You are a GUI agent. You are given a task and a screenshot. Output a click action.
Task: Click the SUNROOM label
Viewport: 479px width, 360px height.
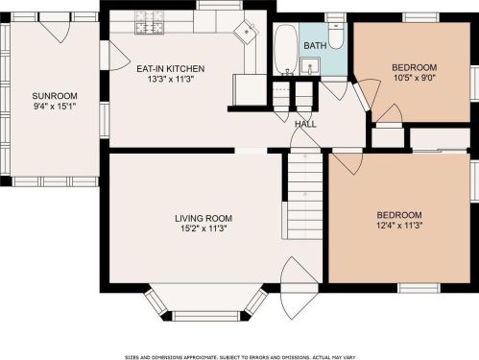pyautogui.click(x=55, y=96)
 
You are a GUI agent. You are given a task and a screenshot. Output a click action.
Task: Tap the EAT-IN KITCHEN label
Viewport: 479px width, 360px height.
pyautogui.click(x=171, y=68)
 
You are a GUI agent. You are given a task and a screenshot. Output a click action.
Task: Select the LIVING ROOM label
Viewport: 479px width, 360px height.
pyautogui.click(x=204, y=219)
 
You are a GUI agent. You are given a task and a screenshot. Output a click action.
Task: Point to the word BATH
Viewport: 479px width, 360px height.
pyautogui.click(x=315, y=45)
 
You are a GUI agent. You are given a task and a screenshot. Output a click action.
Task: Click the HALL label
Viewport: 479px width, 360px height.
pyautogui.click(x=305, y=124)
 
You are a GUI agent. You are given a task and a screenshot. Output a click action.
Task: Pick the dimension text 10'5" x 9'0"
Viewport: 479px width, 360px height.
pyautogui.click(x=415, y=78)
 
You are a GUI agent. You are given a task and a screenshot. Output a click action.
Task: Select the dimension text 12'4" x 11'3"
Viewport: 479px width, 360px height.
pyautogui.click(x=399, y=226)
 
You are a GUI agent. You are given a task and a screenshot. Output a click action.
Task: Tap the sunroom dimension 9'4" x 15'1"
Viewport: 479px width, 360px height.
pyautogui.click(x=55, y=106)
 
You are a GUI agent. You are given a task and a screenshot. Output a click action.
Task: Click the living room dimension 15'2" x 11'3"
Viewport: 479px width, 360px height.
pyautogui.click(x=204, y=228)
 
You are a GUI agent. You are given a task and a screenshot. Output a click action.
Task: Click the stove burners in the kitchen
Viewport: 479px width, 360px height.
pyautogui.click(x=150, y=22)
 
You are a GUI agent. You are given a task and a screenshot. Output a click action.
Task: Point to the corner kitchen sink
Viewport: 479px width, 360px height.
pyautogui.click(x=246, y=31)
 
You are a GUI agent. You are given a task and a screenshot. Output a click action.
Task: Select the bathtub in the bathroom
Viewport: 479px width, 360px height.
pyautogui.click(x=286, y=49)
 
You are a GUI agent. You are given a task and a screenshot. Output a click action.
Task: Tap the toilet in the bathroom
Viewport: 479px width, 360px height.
pyautogui.click(x=336, y=36)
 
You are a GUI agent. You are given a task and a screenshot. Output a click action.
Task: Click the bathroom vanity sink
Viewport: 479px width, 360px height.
pyautogui.click(x=310, y=65)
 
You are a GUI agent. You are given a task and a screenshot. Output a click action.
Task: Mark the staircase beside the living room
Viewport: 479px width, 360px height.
pyautogui.click(x=305, y=196)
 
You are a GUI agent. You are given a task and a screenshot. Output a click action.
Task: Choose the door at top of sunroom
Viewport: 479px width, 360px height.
pyautogui.click(x=54, y=28)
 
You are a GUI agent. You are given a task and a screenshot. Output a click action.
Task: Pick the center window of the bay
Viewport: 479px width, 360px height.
pyautogui.click(x=205, y=316)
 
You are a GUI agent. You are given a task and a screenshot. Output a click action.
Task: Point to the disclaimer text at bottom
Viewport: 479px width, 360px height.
pyautogui.click(x=240, y=357)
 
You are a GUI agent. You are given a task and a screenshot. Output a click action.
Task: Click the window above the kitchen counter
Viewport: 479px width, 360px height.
pyautogui.click(x=219, y=5)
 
